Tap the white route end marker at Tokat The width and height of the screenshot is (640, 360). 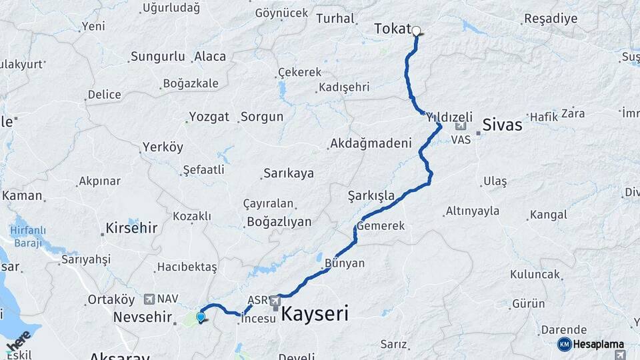click(x=416, y=31)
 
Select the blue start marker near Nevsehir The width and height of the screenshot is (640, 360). click(x=200, y=316)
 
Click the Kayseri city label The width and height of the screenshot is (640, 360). click(x=315, y=314)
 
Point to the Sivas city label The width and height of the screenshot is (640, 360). click(x=502, y=124)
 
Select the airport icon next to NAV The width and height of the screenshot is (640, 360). click(x=148, y=299)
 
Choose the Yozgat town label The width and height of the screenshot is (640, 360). click(x=209, y=117)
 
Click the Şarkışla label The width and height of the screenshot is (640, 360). click(x=371, y=196)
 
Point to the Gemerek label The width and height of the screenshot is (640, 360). click(x=381, y=227)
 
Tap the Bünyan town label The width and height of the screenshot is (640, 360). click(x=345, y=263)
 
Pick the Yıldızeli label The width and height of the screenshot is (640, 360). click(x=449, y=115)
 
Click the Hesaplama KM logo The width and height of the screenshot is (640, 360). click(x=591, y=344)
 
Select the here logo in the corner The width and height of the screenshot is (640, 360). click(x=18, y=341)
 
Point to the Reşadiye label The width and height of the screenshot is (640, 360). click(x=551, y=19)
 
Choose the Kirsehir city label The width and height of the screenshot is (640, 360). click(x=131, y=228)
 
